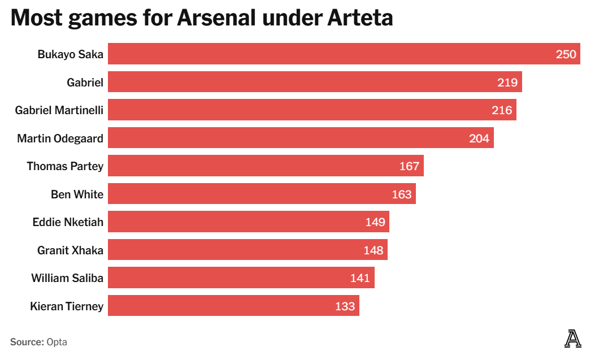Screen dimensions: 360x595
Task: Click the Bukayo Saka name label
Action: (70, 54)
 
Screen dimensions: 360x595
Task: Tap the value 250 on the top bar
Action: (566, 54)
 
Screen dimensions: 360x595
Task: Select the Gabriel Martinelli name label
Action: (59, 110)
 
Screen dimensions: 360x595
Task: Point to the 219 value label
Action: (507, 83)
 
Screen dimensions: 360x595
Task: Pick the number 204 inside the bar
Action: (479, 138)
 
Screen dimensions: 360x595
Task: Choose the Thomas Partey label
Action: (65, 166)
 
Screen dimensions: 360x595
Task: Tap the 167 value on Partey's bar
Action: (409, 166)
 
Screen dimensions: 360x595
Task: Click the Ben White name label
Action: (77, 194)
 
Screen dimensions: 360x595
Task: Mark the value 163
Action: (401, 194)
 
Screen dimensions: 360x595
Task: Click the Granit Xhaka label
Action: (70, 250)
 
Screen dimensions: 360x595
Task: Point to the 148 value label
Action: (373, 250)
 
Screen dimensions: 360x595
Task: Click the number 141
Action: (360, 278)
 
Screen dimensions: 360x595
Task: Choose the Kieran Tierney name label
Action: (67, 306)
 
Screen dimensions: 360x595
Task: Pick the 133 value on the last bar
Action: (345, 306)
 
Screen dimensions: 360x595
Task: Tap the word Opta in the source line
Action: (57, 342)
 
